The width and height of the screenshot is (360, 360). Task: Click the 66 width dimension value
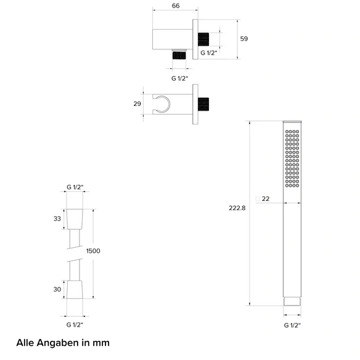176,6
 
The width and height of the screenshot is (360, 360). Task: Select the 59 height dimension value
244,39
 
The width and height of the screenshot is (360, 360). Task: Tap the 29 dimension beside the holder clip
137,104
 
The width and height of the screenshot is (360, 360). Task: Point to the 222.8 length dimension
237,208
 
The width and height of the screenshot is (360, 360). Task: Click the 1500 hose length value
93,251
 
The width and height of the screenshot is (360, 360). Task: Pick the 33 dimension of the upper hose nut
57,219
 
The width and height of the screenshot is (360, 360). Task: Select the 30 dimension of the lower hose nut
57,289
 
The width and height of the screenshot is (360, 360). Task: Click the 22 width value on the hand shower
266,199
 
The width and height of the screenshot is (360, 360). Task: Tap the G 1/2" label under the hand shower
292,325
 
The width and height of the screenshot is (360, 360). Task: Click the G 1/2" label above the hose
75,187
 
